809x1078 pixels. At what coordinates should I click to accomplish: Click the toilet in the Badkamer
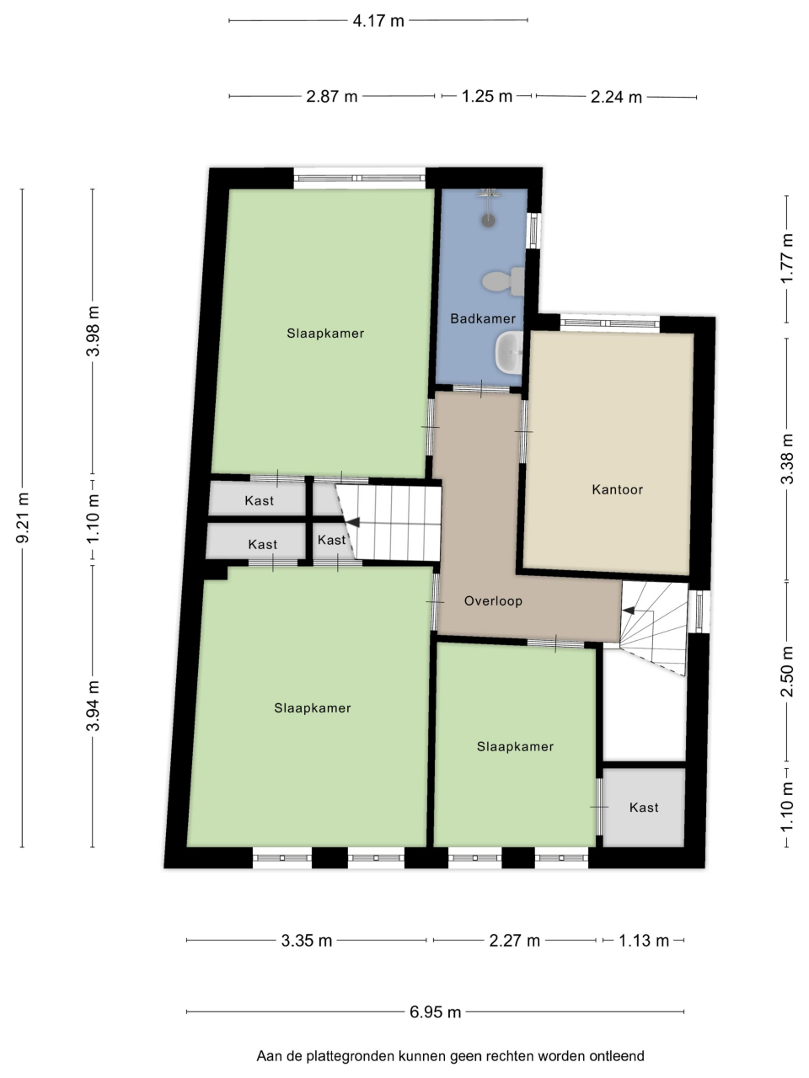(503, 281)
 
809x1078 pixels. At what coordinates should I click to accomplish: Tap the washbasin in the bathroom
(509, 352)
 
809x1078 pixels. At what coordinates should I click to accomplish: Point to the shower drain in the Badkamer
(488, 221)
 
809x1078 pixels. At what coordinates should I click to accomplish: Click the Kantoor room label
(617, 489)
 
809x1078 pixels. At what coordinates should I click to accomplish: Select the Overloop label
(493, 601)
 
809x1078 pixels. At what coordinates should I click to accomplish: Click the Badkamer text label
(483, 318)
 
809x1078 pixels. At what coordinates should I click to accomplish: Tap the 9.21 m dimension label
(23, 518)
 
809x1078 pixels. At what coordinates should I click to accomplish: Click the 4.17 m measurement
(378, 21)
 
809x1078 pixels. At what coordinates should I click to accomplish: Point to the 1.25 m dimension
(486, 96)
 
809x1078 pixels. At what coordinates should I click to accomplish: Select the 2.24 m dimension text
(616, 97)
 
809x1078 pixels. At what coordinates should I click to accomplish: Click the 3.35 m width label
(307, 941)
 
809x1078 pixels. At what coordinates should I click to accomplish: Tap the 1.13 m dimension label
(644, 941)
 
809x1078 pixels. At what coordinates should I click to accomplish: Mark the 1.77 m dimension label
(787, 259)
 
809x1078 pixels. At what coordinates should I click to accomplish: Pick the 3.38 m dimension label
(787, 459)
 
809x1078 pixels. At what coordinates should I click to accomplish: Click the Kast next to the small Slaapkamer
(644, 808)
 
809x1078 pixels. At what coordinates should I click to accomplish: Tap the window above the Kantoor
(609, 323)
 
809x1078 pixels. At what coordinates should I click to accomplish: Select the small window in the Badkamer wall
(533, 230)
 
